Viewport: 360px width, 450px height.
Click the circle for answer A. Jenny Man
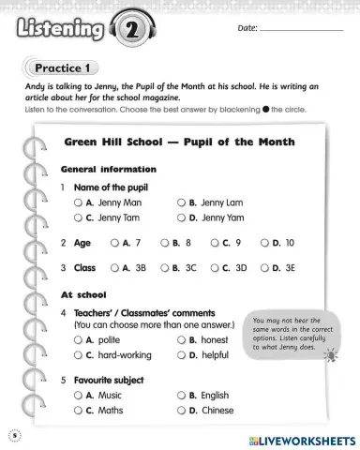pyautogui.click(x=80, y=202)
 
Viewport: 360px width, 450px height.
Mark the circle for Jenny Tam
pyautogui.click(x=80, y=217)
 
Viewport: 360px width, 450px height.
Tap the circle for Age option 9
pyautogui.click(x=215, y=242)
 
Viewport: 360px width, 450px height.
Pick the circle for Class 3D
pyautogui.click(x=215, y=267)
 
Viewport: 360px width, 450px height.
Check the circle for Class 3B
pyautogui.click(x=114, y=267)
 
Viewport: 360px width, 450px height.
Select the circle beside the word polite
pyautogui.click(x=80, y=340)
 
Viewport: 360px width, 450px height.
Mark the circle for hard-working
pyautogui.click(x=80, y=356)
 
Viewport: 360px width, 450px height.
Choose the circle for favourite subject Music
pyautogui.click(x=80, y=396)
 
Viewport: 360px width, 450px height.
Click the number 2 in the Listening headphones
pyautogui.click(x=129, y=32)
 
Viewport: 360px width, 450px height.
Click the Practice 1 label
pyautogui.click(x=62, y=67)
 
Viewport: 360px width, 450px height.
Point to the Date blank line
pyautogui.click(x=302, y=31)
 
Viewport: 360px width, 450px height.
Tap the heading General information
pyautogui.click(x=108, y=170)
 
